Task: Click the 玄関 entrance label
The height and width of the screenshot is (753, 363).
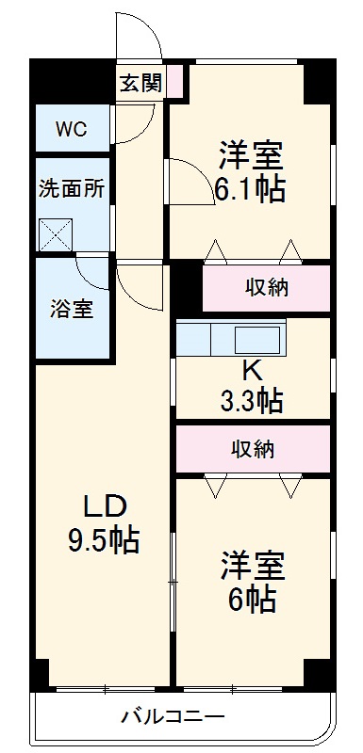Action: click(x=140, y=83)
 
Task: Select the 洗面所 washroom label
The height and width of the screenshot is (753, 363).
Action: click(x=71, y=185)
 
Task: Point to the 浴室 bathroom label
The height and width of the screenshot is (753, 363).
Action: click(x=72, y=308)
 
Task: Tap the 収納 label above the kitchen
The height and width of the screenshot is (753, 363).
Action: click(x=266, y=288)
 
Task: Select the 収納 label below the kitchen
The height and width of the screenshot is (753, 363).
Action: click(x=253, y=449)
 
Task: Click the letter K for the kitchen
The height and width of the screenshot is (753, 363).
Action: click(x=252, y=369)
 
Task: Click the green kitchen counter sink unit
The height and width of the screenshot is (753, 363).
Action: click(x=230, y=337)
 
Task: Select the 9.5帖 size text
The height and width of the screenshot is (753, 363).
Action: click(x=104, y=540)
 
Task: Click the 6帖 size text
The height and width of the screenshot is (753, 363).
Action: click(x=251, y=598)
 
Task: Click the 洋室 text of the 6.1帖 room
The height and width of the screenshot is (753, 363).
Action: click(x=252, y=152)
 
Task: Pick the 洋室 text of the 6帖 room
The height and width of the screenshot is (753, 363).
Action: click(x=252, y=565)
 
